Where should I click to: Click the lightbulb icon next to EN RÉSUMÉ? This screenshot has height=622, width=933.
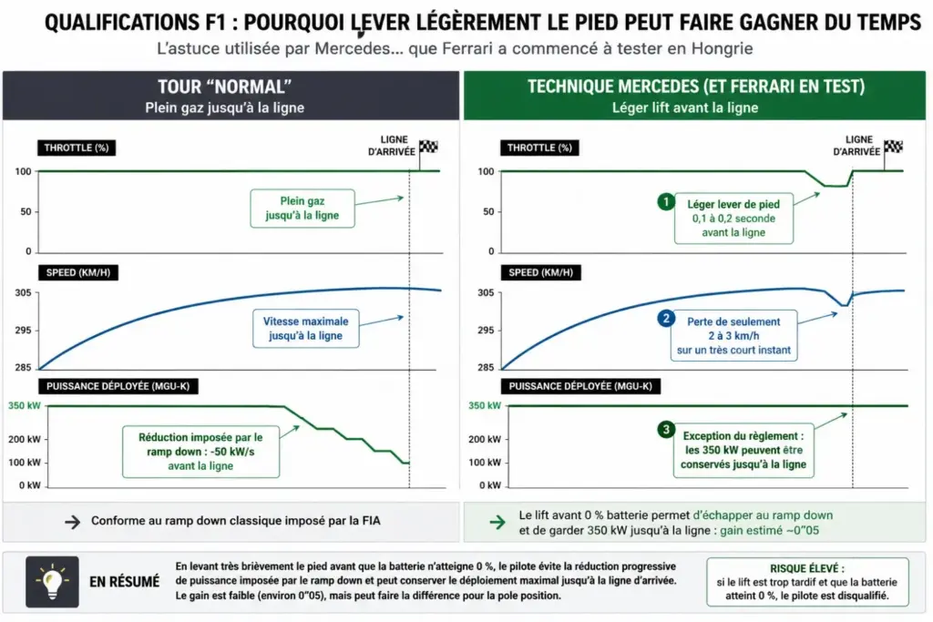point(52,582)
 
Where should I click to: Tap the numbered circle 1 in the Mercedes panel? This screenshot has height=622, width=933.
point(666,201)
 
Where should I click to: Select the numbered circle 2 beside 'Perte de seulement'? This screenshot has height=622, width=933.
point(666,318)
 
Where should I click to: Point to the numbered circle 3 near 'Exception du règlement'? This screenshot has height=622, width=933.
point(666,429)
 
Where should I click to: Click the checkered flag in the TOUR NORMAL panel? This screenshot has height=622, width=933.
point(428,148)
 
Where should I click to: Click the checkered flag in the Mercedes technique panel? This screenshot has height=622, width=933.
point(893,148)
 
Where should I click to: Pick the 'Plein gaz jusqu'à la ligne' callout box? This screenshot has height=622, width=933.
point(302,209)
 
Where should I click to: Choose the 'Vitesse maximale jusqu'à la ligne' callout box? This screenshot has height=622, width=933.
point(306,328)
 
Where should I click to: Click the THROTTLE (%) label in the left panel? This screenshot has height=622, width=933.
point(77,148)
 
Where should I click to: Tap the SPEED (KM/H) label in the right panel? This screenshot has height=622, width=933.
point(541,272)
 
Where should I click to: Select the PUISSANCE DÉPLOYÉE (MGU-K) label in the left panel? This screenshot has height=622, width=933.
point(118,386)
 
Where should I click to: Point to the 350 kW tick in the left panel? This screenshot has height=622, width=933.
point(25,405)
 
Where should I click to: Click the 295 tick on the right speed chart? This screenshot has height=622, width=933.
point(486,330)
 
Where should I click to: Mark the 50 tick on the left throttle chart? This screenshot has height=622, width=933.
point(26,211)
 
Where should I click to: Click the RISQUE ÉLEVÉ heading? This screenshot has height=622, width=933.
point(807,568)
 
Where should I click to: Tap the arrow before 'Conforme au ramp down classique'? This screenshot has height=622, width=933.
point(73,522)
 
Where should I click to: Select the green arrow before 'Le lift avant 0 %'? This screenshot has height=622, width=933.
point(497,522)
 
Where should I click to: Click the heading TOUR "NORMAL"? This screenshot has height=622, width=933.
point(224,87)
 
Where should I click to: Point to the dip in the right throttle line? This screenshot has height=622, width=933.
point(836,186)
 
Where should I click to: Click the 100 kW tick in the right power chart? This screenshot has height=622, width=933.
point(485,462)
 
